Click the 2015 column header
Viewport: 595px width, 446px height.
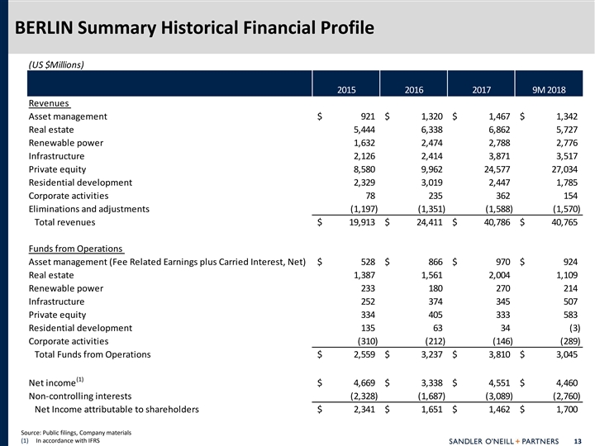[x=347, y=90]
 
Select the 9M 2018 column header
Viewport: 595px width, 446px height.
[x=559, y=90]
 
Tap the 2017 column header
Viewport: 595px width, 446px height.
[x=482, y=90]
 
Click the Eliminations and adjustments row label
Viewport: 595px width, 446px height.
[x=89, y=209]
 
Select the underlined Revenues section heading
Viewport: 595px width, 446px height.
[x=50, y=103]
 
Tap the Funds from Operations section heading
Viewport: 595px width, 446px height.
[x=75, y=249]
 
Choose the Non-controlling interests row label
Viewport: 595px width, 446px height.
[x=81, y=395]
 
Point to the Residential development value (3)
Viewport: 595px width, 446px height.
[x=571, y=328]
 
